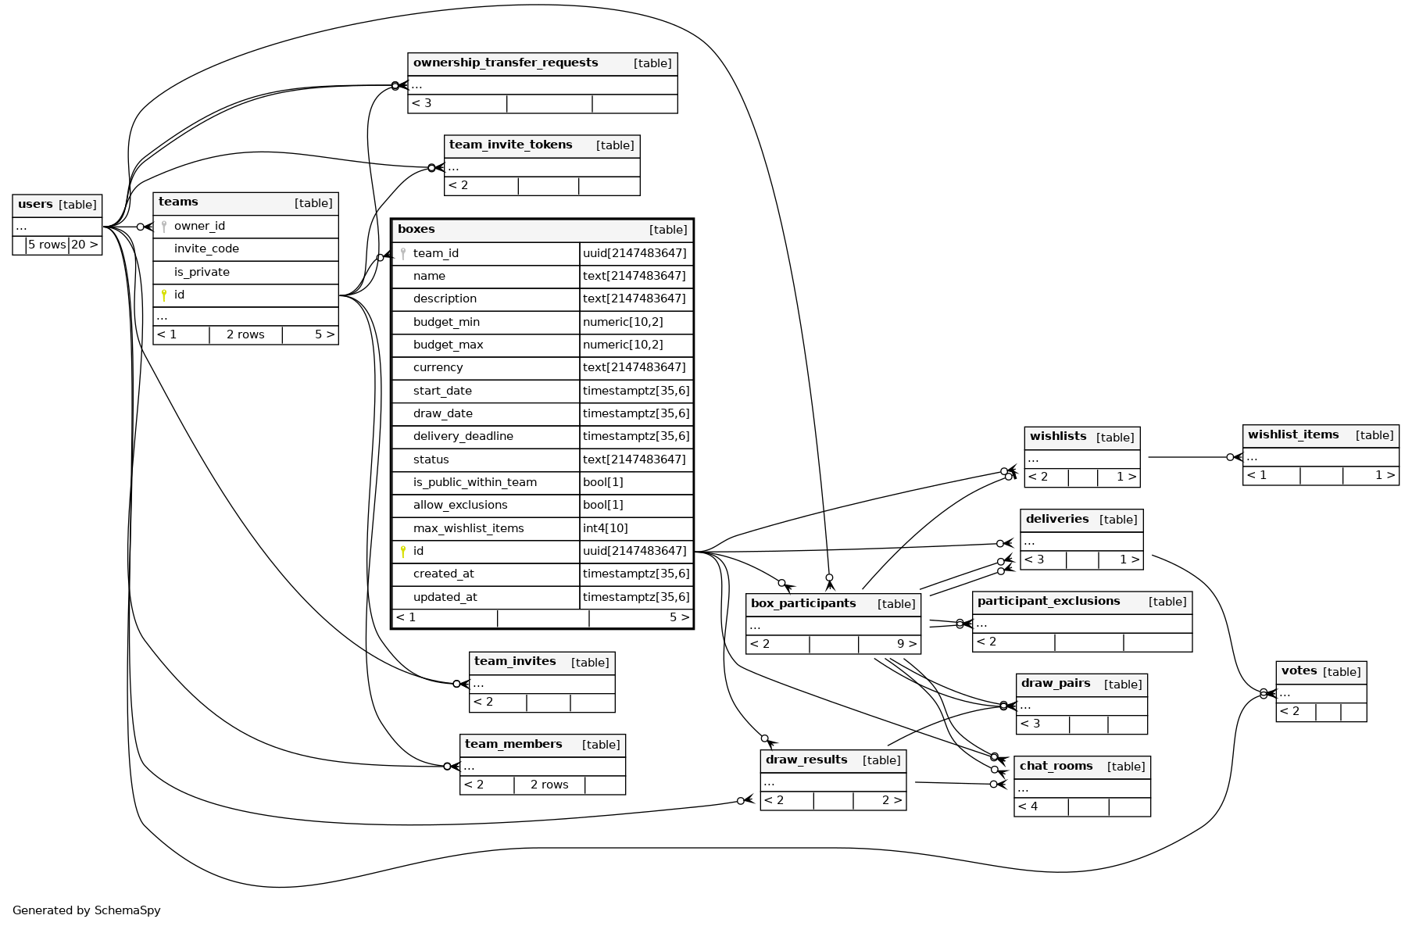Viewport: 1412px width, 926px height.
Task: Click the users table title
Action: tap(36, 205)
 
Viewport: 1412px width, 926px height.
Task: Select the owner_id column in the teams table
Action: tap(199, 227)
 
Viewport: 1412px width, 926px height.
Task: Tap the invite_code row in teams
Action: tap(206, 249)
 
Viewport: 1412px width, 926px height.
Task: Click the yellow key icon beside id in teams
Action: tap(164, 295)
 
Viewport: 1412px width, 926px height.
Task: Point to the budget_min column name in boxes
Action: tap(446, 322)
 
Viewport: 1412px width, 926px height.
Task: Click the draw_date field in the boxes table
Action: tap(442, 413)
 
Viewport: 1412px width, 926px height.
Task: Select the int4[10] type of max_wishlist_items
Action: tap(606, 528)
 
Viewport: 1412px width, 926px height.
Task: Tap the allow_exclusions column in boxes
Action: tap(460, 505)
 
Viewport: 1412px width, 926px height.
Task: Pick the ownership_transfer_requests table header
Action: tap(506, 63)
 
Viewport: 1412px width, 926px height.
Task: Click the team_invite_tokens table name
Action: tap(510, 145)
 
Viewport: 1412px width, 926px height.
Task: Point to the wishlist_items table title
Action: tap(1293, 435)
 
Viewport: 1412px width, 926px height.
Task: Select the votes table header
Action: tap(1299, 671)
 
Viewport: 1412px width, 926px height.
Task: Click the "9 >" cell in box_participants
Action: tap(906, 645)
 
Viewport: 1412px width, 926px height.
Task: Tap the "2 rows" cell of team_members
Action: tap(549, 785)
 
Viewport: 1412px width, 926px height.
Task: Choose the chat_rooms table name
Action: tap(1056, 767)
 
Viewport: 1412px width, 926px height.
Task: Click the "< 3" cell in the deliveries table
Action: tap(1035, 560)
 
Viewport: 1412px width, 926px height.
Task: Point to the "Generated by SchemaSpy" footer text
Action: tap(87, 910)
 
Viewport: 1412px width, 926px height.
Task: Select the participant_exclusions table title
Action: tap(1049, 602)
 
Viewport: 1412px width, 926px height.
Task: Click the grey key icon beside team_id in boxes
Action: tap(403, 254)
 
